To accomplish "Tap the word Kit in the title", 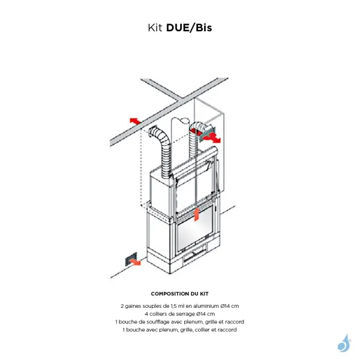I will (155, 28).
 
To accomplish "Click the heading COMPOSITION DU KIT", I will (180, 294).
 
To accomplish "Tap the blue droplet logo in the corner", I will (344, 343).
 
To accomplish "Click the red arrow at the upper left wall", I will (134, 120).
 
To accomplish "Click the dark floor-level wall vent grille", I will (128, 259).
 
